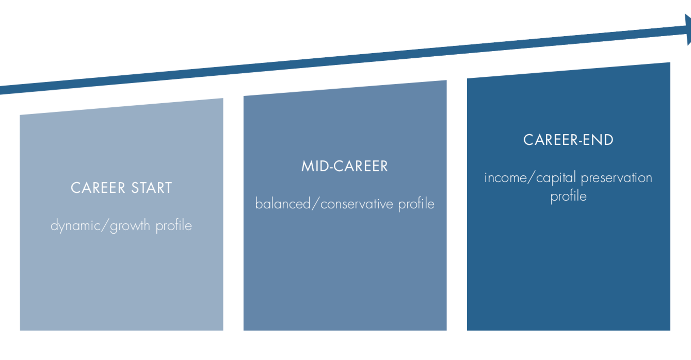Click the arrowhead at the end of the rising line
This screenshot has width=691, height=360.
[x=688, y=29]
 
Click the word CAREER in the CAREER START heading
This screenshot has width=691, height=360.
[x=98, y=188]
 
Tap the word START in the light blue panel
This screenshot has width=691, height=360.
[x=152, y=188]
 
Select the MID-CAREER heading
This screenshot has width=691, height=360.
[x=344, y=166]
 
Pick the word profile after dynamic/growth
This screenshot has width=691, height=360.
[x=174, y=226]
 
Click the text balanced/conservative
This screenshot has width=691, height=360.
[x=324, y=204]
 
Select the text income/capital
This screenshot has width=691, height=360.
[x=530, y=178]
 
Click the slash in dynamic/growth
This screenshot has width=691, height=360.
[x=105, y=226]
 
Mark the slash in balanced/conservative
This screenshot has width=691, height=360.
[x=316, y=204]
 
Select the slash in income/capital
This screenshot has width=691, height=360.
[x=532, y=178]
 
